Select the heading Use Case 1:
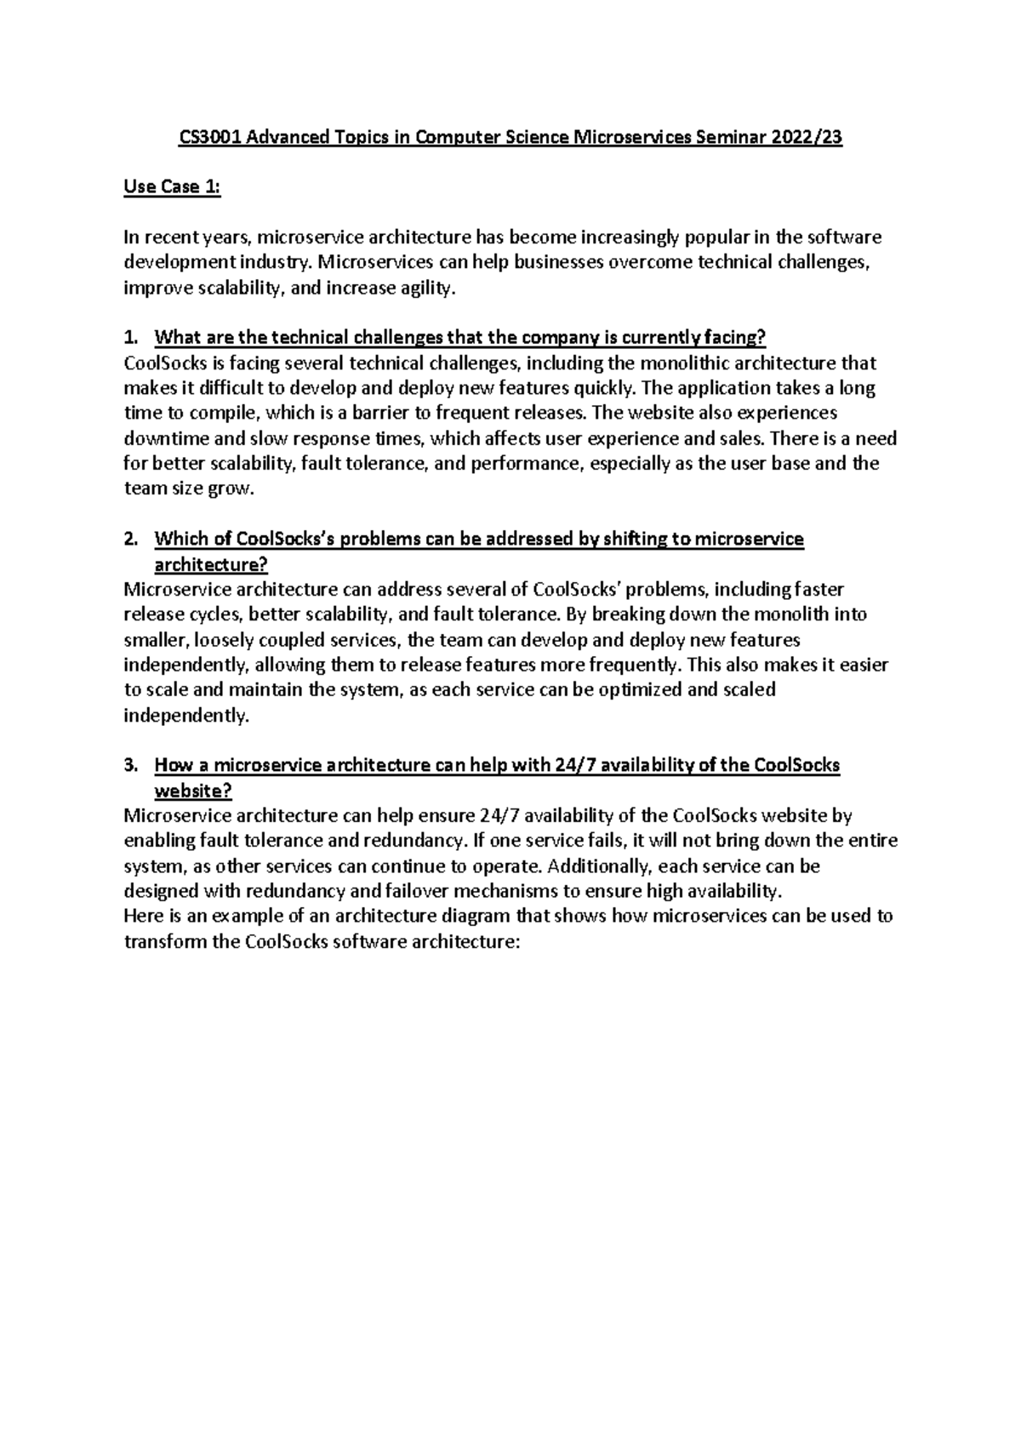click(172, 187)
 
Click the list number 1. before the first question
click(130, 338)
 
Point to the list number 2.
click(130, 539)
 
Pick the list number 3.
click(130, 765)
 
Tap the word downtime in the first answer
click(162, 439)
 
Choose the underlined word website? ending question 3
click(192, 791)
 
